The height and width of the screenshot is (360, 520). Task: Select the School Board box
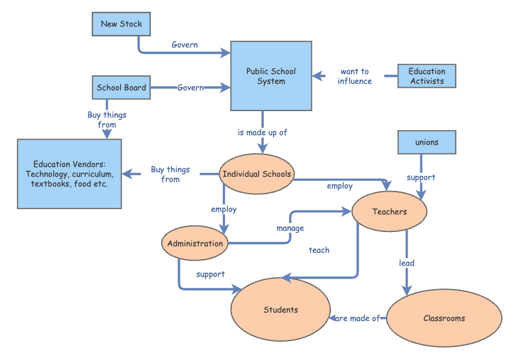(122, 88)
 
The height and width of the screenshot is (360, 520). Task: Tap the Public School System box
(271, 77)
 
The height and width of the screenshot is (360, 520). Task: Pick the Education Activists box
(427, 76)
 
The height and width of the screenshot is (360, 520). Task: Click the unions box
(426, 142)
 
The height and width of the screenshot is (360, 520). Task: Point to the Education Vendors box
(70, 174)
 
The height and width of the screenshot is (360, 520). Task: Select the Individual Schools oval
(257, 174)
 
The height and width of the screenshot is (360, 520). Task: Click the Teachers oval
(389, 211)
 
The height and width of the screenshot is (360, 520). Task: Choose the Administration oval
(195, 244)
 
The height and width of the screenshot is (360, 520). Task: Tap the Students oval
(281, 310)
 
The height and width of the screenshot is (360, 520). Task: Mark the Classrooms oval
(444, 318)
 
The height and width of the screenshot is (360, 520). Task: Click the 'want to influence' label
(355, 77)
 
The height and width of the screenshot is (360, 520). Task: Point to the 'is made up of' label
(263, 133)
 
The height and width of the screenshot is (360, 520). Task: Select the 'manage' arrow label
(290, 228)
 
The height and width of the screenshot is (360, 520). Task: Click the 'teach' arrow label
(319, 250)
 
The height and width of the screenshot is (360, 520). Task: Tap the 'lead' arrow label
(407, 263)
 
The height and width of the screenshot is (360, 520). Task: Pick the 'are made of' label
(357, 318)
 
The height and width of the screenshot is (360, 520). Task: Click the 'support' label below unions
(421, 177)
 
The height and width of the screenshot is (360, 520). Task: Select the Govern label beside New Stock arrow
(185, 45)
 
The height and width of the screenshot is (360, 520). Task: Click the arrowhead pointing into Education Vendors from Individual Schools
(127, 174)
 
